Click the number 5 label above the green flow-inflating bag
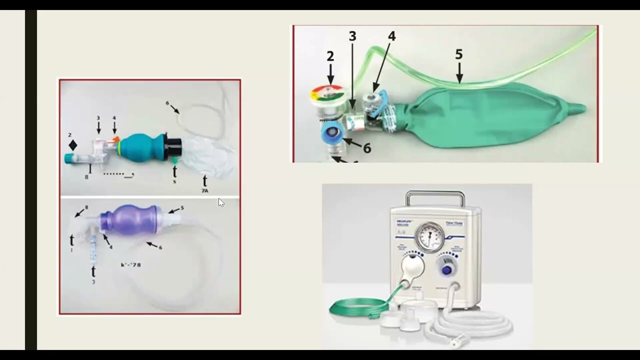pyautogui.click(x=458, y=54)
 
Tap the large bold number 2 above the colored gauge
pyautogui.click(x=330, y=56)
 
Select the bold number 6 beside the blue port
pyautogui.click(x=367, y=148)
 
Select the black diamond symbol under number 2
pyautogui.click(x=73, y=145)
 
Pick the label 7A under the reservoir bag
pyautogui.click(x=204, y=191)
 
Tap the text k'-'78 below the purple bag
pyautogui.click(x=131, y=264)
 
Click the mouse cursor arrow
pyautogui.click(x=221, y=202)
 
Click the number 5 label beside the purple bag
pyautogui.click(x=182, y=207)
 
